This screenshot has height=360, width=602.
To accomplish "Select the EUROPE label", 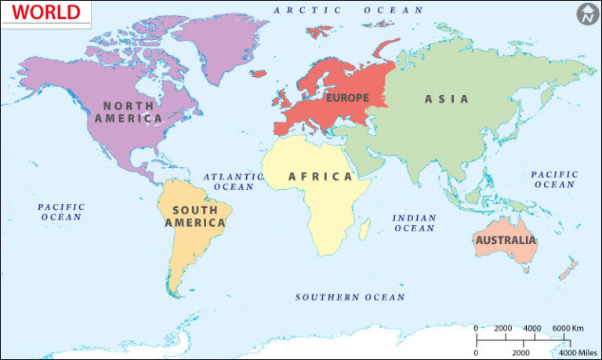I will coord(346,98).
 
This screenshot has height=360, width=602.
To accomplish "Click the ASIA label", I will coord(447,99).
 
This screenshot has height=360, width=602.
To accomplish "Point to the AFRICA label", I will coord(321,176).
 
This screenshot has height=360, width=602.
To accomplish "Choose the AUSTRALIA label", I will coord(506,239).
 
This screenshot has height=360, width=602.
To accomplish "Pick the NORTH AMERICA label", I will coord(129,111).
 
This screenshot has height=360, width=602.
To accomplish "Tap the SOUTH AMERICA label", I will coord(195,216).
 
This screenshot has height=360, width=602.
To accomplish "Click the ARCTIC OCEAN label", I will coord(348,10).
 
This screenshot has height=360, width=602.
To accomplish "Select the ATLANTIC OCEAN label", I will coord(233,181).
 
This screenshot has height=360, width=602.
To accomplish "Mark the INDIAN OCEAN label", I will coord(414,223).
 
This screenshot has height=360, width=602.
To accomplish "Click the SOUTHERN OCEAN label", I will coord(350,297).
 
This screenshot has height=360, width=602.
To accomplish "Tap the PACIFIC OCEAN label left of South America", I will coord(62,212).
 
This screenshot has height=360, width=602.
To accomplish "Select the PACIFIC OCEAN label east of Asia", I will coord(554,179).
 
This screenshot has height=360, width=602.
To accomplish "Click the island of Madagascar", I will coord(364,228).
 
